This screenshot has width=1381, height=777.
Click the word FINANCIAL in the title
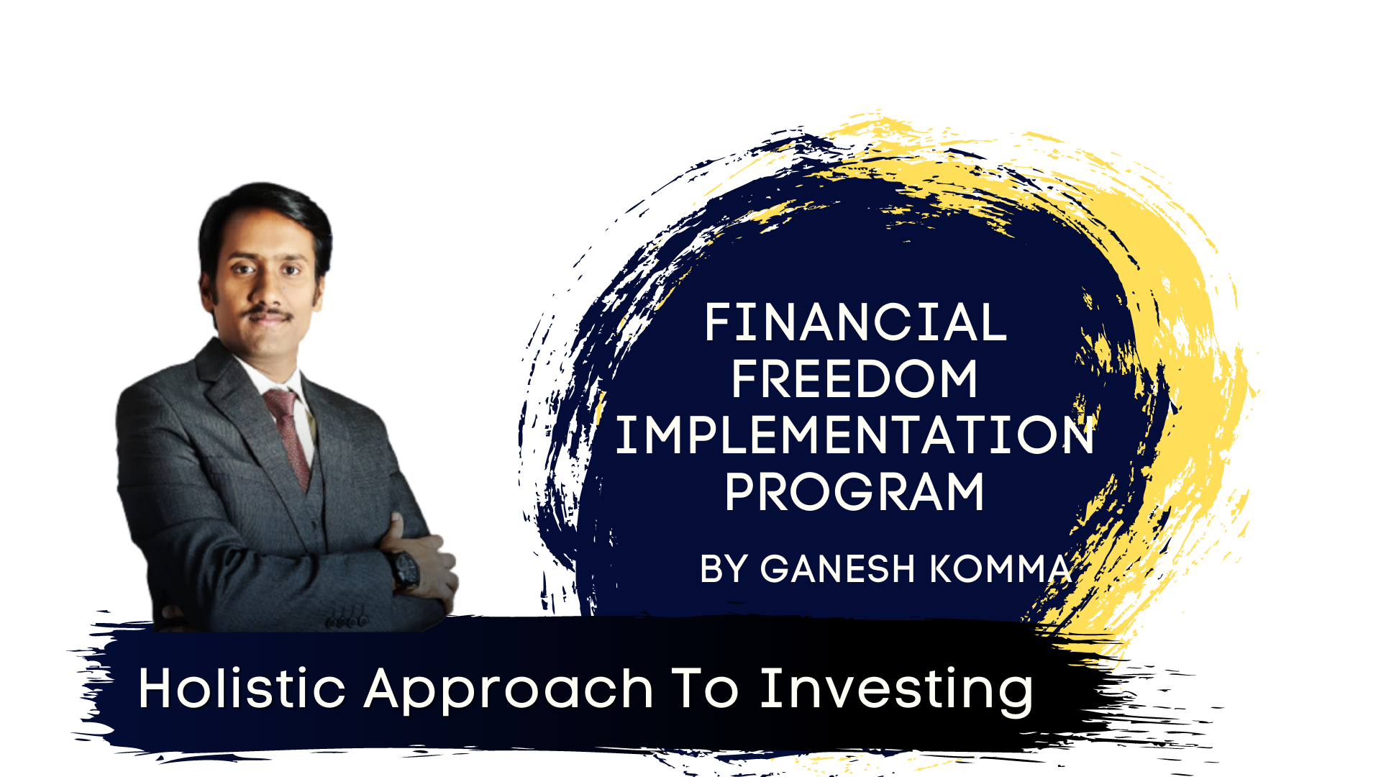pyautogui.click(x=855, y=322)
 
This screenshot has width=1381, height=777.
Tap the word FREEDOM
pyautogui.click(x=854, y=379)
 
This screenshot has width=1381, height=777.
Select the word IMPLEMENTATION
pyautogui.click(x=854, y=435)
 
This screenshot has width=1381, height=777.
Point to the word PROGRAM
pyautogui.click(x=854, y=492)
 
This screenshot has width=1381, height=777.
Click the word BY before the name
pyautogui.click(x=724, y=569)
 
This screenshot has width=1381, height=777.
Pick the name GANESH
pyautogui.click(x=837, y=569)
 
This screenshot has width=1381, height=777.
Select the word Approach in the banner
pyautogui.click(x=509, y=693)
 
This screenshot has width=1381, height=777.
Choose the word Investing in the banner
pyautogui.click(x=897, y=692)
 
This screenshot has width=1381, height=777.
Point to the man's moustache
pyautogui.click(x=266, y=314)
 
